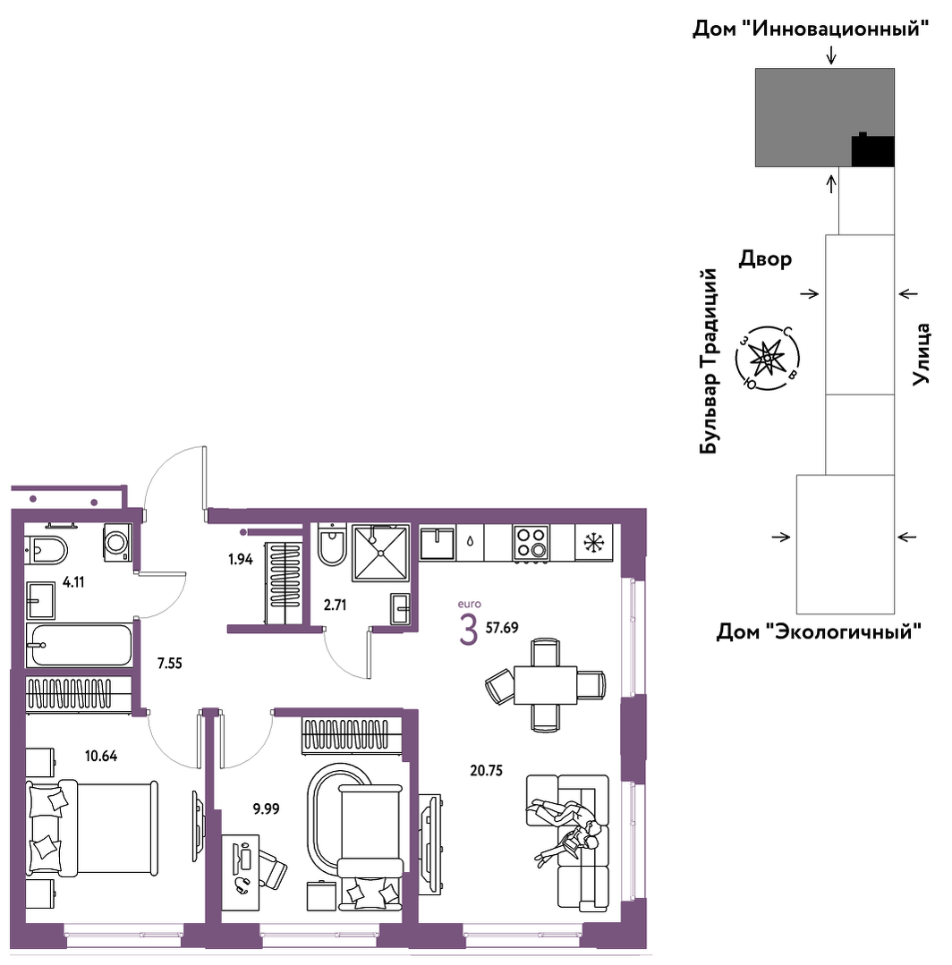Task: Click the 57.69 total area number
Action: click(x=502, y=628)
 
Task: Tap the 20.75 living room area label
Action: click(x=487, y=771)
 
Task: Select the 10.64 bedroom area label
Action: click(x=101, y=756)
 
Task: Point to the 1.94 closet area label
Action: click(x=241, y=560)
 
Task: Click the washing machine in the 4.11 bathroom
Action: click(x=117, y=542)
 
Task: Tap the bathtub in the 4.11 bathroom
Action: click(x=80, y=644)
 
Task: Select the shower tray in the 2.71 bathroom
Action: click(x=380, y=553)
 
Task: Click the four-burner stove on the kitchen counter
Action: click(x=531, y=542)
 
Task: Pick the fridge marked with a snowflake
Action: click(x=594, y=542)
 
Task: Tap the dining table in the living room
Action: click(x=546, y=685)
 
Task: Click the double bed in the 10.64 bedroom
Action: click(x=92, y=827)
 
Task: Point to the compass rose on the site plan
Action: click(x=768, y=358)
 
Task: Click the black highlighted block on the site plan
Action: click(x=872, y=150)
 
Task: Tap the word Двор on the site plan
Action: click(x=765, y=258)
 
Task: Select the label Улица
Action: click(x=921, y=354)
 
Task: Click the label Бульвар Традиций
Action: click(x=710, y=361)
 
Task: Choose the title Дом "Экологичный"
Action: click(x=819, y=631)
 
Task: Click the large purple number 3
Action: click(x=469, y=630)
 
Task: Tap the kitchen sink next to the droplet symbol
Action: click(x=438, y=543)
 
